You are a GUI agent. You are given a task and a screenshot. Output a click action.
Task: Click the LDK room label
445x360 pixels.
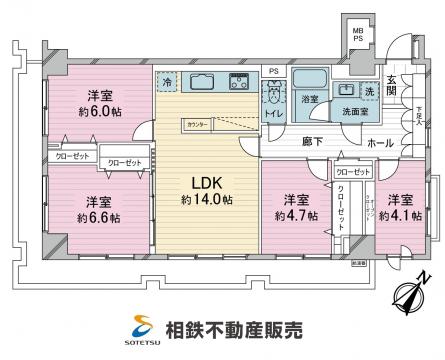[206, 183]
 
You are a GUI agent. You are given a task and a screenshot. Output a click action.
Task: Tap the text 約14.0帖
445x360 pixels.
[207, 200]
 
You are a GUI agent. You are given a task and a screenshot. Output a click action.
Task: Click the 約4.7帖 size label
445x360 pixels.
[292, 212]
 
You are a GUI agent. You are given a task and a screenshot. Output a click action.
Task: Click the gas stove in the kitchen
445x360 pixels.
[239, 82]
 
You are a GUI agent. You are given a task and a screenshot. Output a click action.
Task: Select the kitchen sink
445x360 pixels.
[200, 81]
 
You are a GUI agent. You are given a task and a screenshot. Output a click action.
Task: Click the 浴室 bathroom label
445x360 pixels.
[310, 100]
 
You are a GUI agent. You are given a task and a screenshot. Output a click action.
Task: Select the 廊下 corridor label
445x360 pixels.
[312, 142]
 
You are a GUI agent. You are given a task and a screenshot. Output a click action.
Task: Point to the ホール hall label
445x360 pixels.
[379, 143]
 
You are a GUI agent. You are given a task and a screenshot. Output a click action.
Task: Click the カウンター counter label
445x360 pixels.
[196, 124]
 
